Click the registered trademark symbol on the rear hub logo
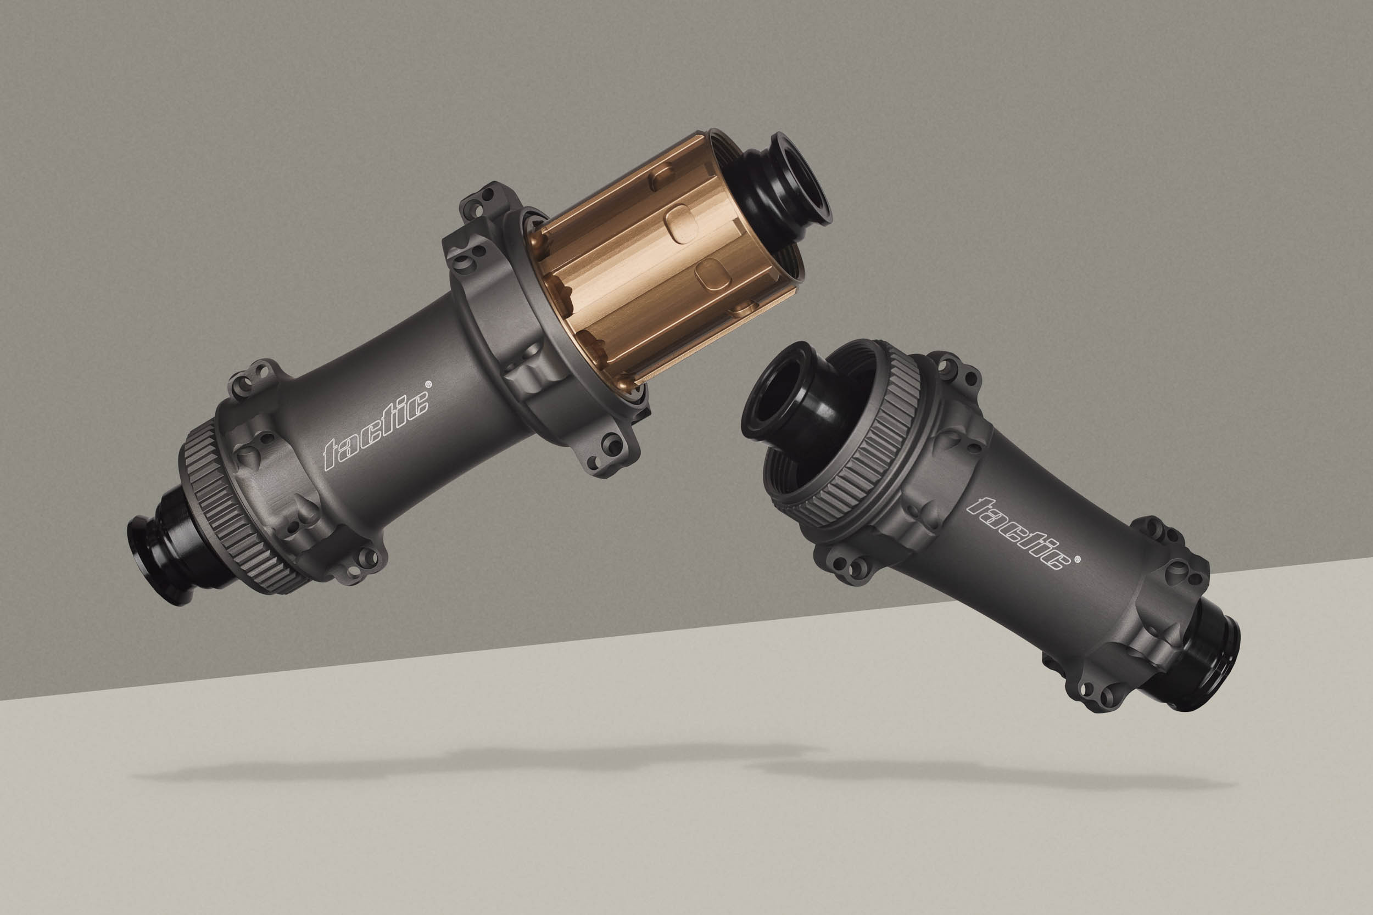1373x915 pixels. [x=429, y=385]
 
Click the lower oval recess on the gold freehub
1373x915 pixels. [x=712, y=274]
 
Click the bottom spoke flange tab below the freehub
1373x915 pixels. [x=607, y=452]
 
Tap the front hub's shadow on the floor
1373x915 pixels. [x=992, y=773]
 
